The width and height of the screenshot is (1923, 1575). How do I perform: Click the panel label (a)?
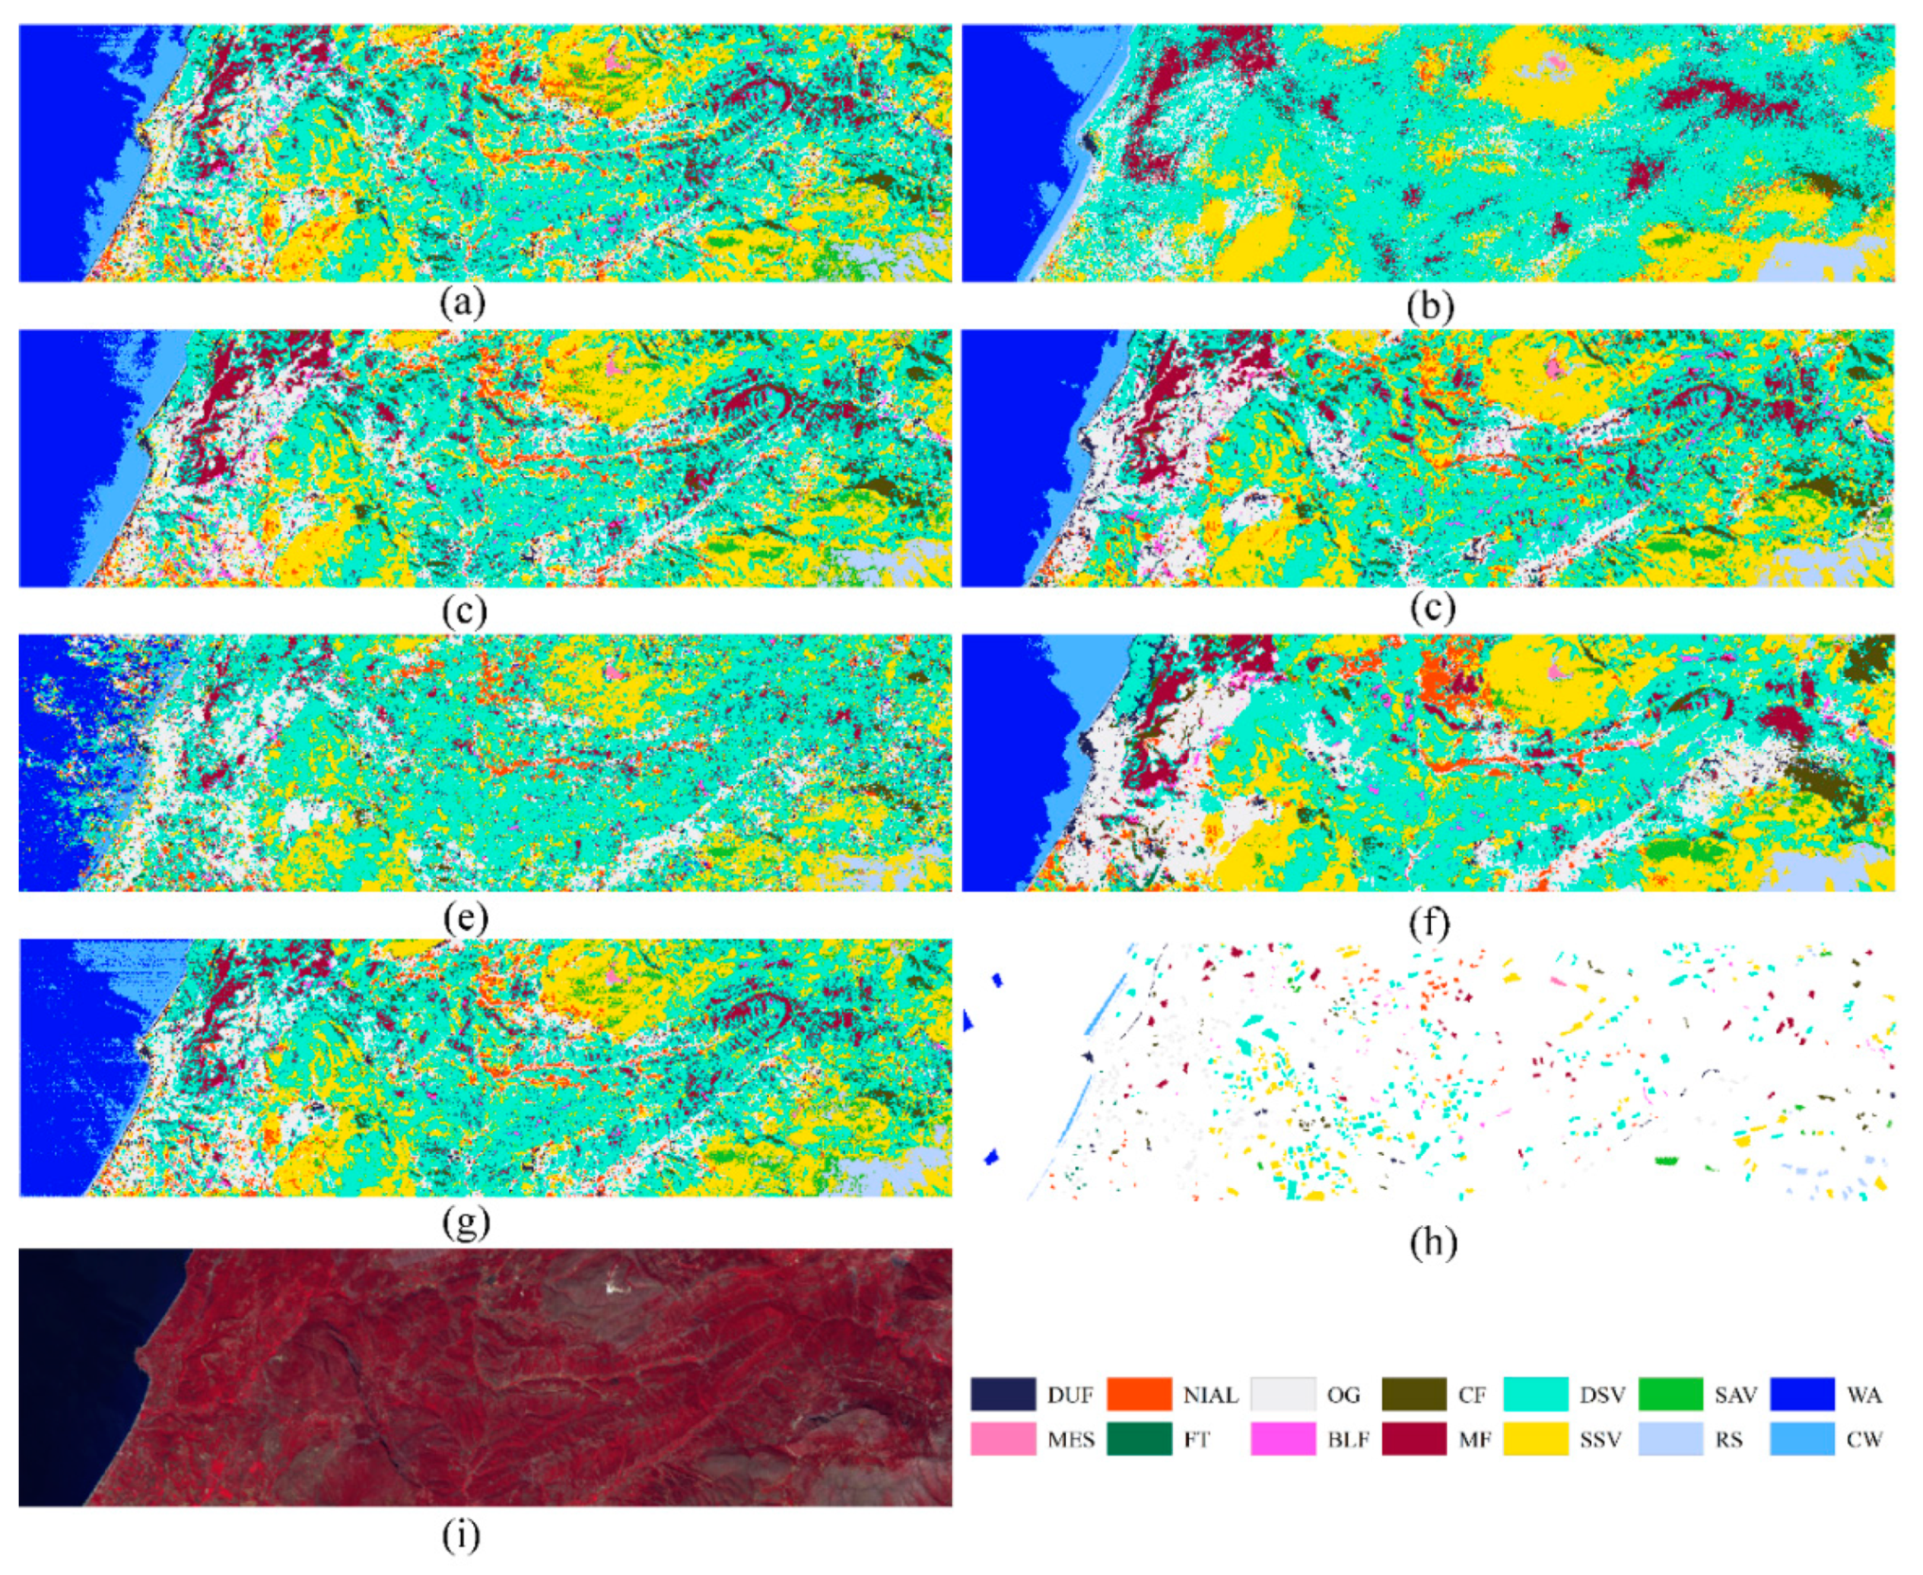click(x=462, y=303)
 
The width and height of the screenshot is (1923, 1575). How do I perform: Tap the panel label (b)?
click(x=1430, y=306)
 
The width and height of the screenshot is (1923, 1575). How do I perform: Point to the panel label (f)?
click(x=1431, y=921)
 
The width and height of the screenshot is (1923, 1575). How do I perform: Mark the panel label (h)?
click(x=1433, y=1243)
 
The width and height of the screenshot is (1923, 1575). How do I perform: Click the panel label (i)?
click(x=461, y=1533)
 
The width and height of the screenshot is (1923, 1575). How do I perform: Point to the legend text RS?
click(x=1728, y=1440)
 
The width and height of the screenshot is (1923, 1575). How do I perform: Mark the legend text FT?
click(x=1196, y=1440)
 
